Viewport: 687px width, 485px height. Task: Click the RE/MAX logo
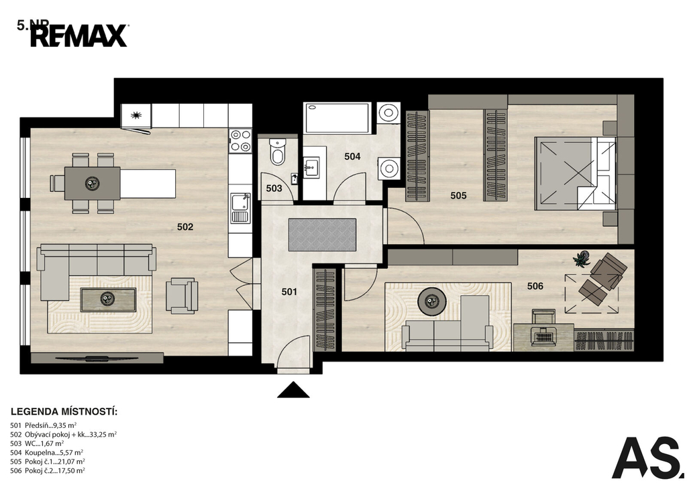[x=79, y=36]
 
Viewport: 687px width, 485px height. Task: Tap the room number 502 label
[x=185, y=227]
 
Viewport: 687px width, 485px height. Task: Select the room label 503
[x=274, y=188]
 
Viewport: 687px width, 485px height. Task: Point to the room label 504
[x=352, y=156]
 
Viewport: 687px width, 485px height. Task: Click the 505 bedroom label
[x=458, y=195]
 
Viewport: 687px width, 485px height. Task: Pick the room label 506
[x=535, y=286]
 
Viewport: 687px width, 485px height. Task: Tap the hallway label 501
[x=289, y=292]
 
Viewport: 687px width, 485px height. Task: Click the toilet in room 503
[x=277, y=152]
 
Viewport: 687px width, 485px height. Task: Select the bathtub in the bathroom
[x=338, y=118]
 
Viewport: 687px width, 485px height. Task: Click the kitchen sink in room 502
[x=241, y=208]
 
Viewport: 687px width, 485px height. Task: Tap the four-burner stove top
[x=241, y=141]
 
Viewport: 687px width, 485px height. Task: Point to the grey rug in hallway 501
[x=322, y=235]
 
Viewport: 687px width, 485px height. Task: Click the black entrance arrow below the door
[x=293, y=390]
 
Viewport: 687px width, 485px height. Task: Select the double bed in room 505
[x=575, y=174]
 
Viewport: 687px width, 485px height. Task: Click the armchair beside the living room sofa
[x=181, y=296]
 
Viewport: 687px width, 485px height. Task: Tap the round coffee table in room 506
[x=432, y=301]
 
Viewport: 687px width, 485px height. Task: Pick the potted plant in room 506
[x=581, y=259]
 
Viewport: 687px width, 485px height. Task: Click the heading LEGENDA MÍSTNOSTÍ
[x=64, y=412]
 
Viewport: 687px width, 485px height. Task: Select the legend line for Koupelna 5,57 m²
[x=46, y=452]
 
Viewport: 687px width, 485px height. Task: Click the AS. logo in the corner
[x=647, y=457]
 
